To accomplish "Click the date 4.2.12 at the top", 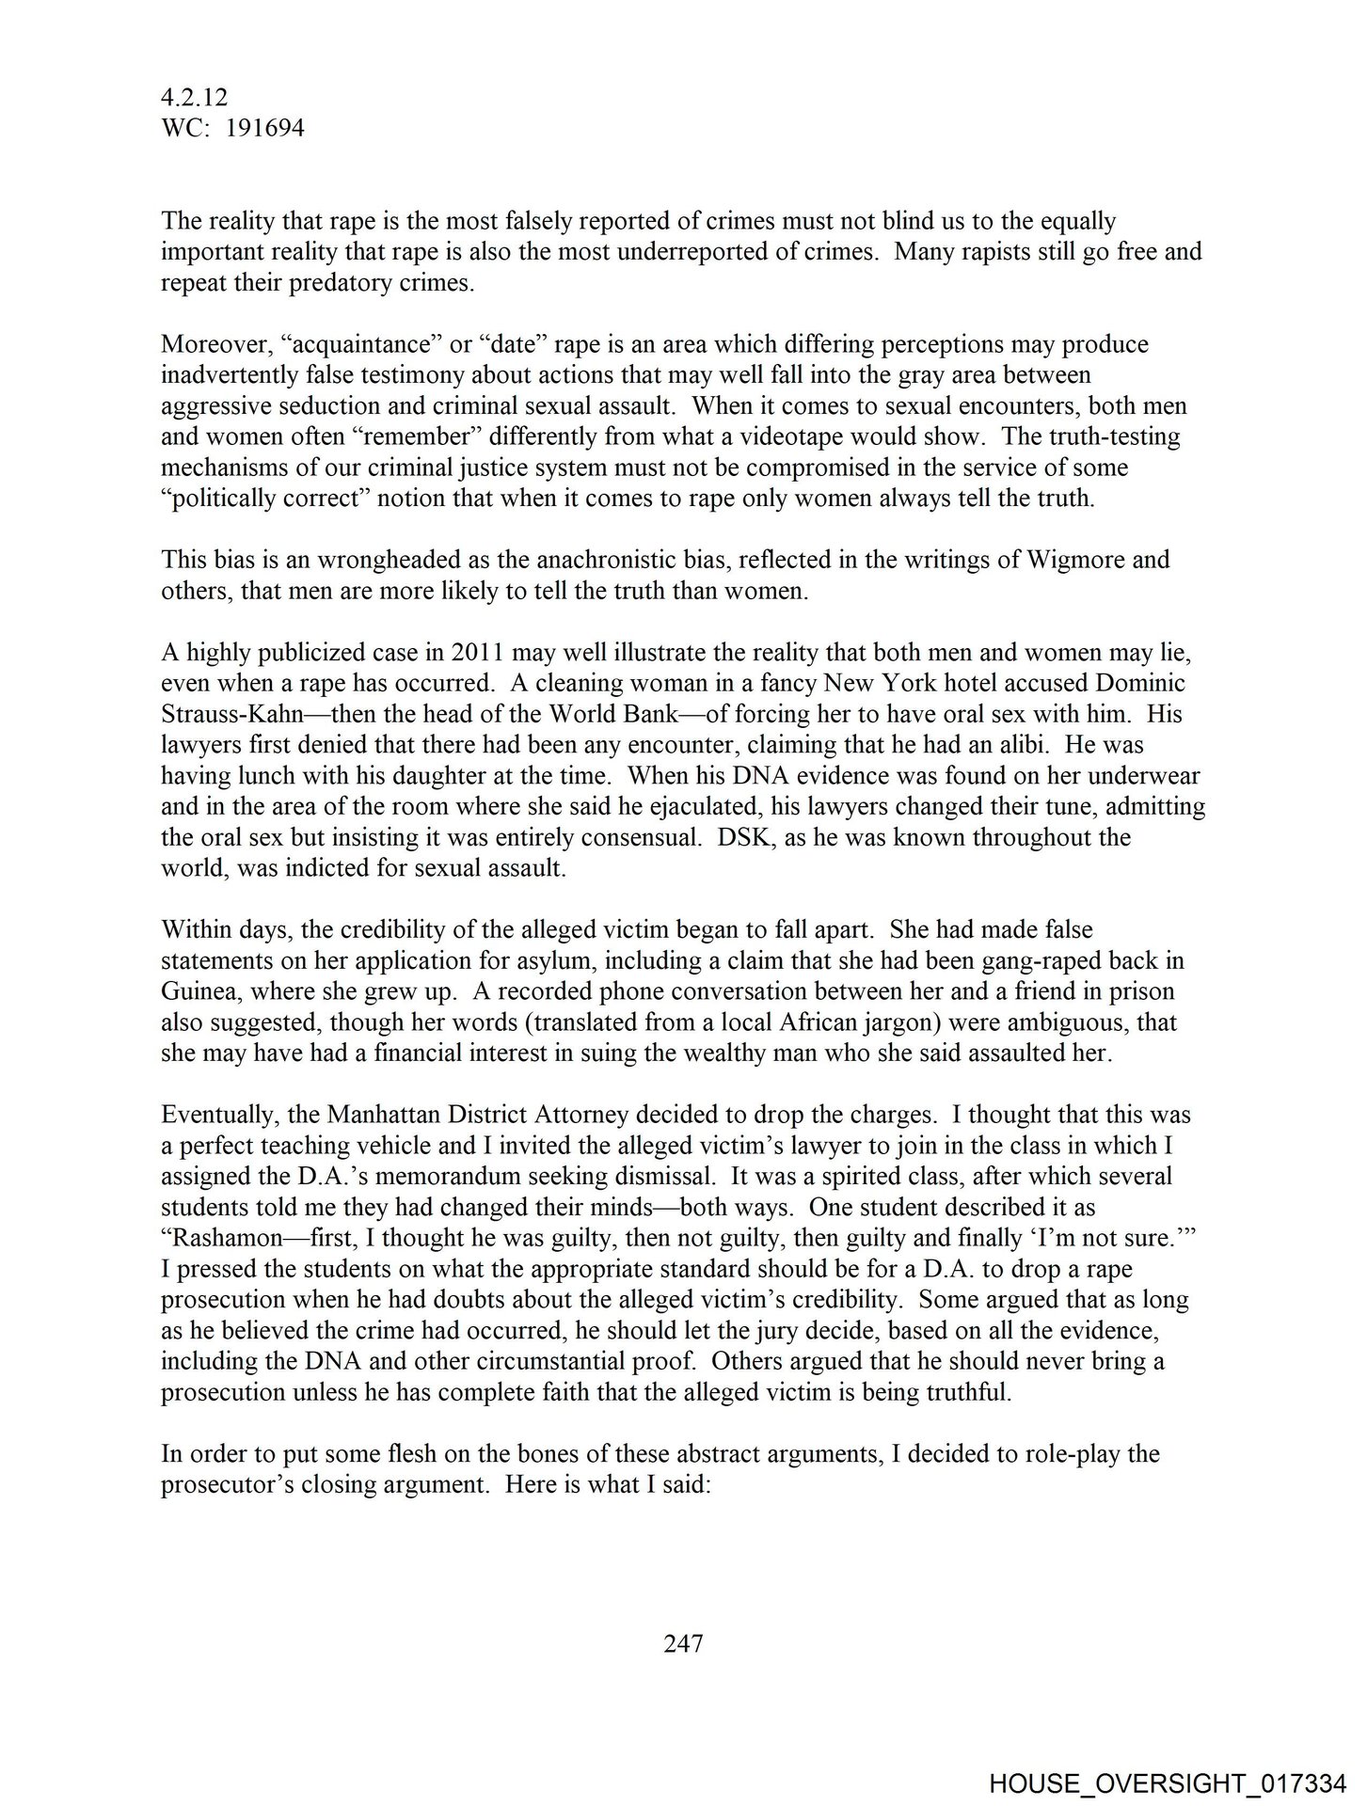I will pyautogui.click(x=195, y=97).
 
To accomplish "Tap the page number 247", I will pyautogui.click(x=683, y=1643).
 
